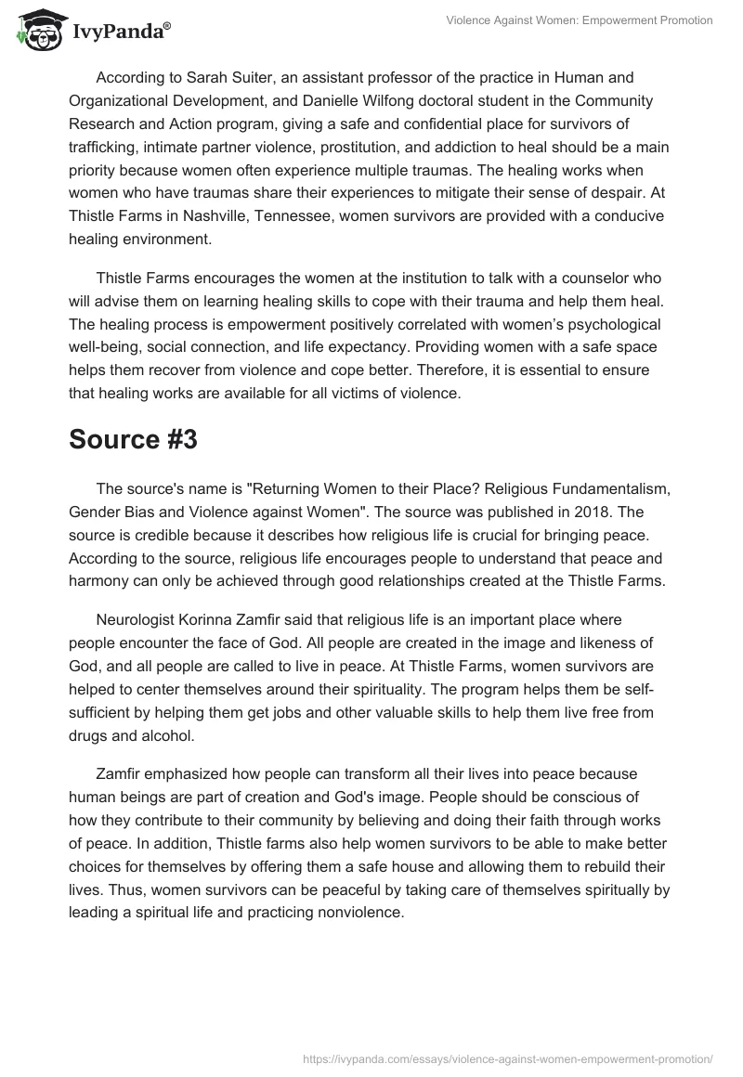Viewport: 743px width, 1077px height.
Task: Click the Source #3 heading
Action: (133, 440)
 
